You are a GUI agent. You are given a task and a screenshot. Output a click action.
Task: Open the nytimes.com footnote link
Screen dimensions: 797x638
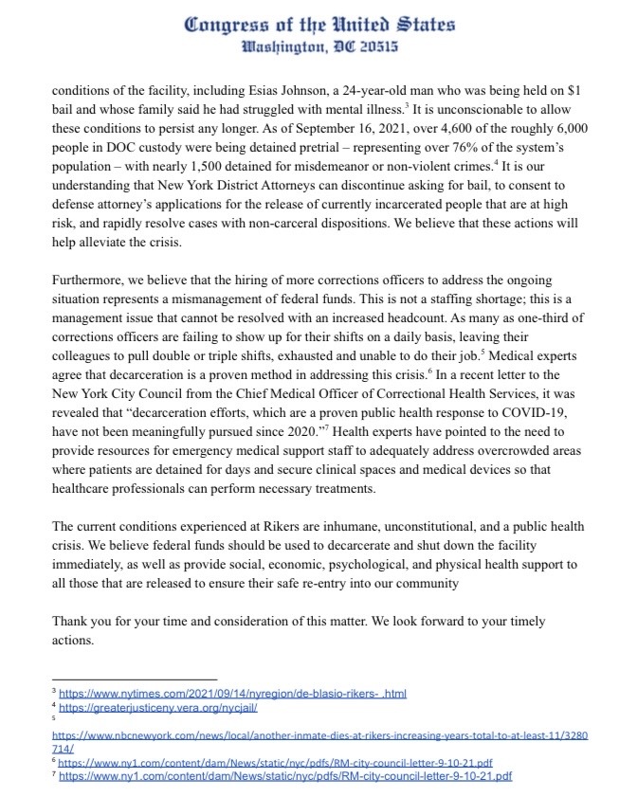pos(232,694)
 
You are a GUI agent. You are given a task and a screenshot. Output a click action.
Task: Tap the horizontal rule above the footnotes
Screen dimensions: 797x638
pos(134,679)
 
